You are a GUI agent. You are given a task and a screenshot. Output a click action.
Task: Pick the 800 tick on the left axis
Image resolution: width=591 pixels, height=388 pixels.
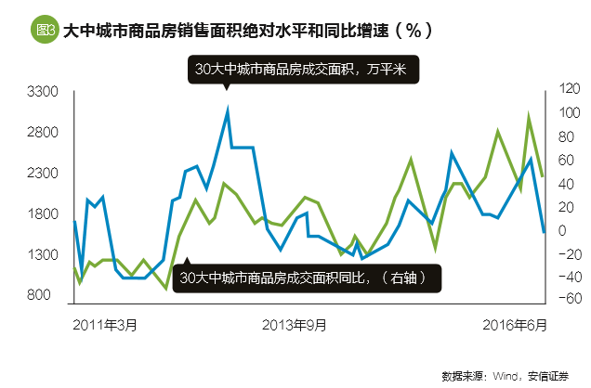pos(48,295)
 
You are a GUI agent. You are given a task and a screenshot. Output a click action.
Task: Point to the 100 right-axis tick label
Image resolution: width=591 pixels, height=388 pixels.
pos(569,113)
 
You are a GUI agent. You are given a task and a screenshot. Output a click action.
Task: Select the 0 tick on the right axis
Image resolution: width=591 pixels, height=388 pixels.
pos(563,229)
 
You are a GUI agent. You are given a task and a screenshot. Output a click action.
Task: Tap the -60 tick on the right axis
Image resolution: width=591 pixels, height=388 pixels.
pos(567,299)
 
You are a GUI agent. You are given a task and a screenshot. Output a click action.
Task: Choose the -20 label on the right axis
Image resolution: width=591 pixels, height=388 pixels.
pos(567,252)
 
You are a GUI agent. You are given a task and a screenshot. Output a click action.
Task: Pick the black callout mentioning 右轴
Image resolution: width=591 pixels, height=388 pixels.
pos(307,277)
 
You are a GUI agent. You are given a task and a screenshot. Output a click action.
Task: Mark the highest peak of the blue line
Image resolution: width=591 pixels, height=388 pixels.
pos(228,110)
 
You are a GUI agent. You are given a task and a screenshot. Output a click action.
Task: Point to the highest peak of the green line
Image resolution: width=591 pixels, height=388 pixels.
pos(529,118)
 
